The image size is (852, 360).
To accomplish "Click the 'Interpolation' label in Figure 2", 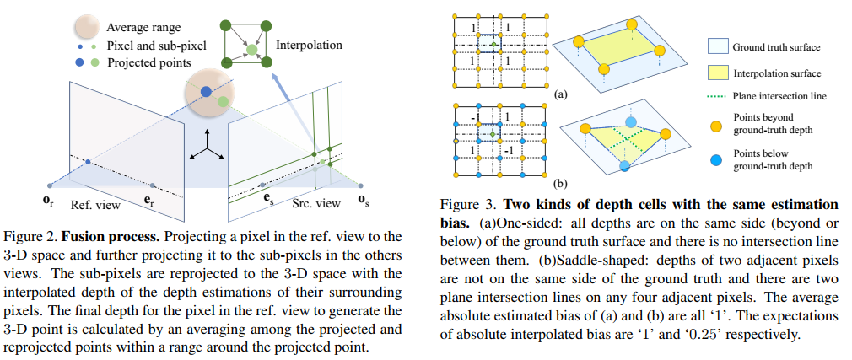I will click(x=309, y=44).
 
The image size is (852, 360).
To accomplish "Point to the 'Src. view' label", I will click(x=316, y=203).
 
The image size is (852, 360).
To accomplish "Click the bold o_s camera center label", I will click(x=362, y=199).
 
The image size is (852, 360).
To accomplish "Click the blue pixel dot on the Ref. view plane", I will click(x=88, y=160).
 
